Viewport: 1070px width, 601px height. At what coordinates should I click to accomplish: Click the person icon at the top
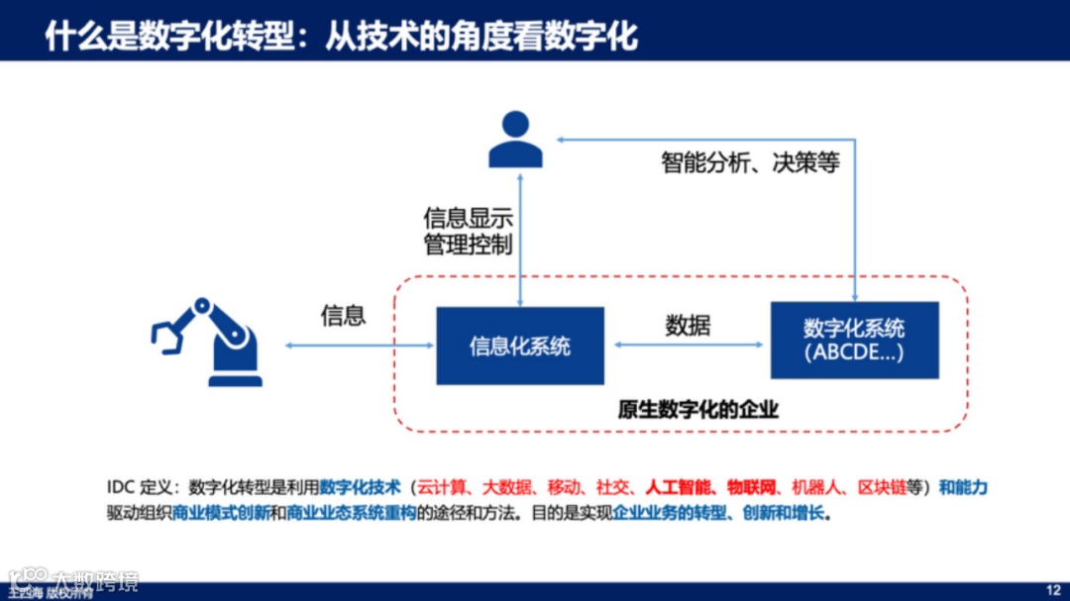point(516,140)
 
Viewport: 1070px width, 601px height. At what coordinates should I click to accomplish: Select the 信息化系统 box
point(520,346)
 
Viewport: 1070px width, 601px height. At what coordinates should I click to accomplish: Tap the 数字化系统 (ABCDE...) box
point(854,340)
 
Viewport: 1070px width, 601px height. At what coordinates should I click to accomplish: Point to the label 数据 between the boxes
point(688,325)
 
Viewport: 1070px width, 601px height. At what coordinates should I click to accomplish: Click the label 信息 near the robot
point(343,315)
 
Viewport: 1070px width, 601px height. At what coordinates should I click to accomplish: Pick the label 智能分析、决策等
point(750,162)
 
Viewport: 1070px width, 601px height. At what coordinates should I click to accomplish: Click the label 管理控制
point(468,244)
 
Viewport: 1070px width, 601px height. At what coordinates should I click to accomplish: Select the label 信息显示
point(468,218)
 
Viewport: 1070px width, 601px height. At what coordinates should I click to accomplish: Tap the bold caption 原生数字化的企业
point(697,410)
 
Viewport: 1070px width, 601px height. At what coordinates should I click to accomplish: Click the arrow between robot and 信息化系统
point(360,345)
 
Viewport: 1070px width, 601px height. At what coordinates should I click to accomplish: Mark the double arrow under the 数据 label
point(688,345)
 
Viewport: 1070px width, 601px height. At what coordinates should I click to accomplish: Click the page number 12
point(1053,589)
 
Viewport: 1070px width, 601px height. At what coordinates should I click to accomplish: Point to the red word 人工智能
point(679,487)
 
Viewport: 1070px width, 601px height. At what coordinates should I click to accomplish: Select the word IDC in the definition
point(120,487)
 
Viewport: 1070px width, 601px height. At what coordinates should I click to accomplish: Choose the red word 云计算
point(439,487)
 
